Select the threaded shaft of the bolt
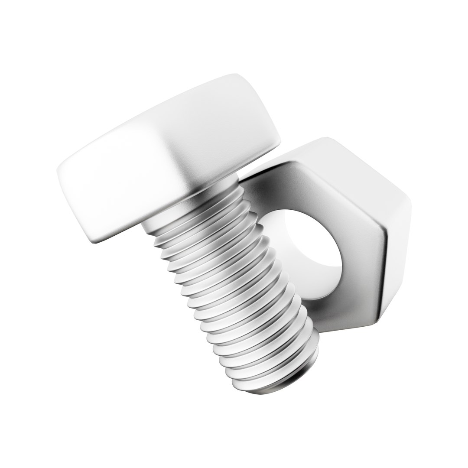click(x=234, y=286)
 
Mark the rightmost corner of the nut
click(x=409, y=204)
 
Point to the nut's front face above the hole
click(x=303, y=186)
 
